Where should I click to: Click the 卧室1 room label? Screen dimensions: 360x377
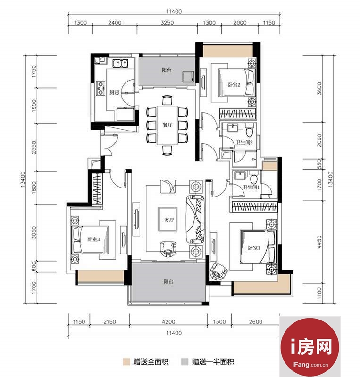[254, 248]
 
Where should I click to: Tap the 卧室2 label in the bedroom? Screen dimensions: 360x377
[234, 85]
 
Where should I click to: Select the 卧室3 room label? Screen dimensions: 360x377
[93, 239]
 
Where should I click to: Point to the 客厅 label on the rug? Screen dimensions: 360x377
[169, 220]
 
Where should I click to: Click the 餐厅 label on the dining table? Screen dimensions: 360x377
[167, 125]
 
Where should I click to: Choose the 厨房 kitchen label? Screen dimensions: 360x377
[114, 92]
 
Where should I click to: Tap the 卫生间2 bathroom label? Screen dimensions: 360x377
[244, 142]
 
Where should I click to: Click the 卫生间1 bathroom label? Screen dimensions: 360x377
[251, 187]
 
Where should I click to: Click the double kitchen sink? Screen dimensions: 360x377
[120, 64]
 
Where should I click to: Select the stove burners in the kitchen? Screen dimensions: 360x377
[100, 88]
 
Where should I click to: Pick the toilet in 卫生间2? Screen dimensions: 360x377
[250, 130]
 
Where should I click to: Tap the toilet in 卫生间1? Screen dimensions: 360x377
[253, 177]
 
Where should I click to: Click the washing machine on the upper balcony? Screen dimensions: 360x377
[188, 77]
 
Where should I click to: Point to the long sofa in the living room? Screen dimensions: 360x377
[195, 219]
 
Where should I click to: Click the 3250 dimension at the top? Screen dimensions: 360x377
[167, 23]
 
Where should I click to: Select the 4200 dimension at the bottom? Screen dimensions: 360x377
[168, 322]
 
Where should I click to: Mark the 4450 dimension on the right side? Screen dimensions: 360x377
[319, 242]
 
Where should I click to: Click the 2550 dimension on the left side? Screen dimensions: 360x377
[34, 147]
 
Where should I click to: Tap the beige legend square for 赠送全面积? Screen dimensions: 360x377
[126, 361]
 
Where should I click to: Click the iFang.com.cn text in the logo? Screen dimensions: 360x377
[310, 364]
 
